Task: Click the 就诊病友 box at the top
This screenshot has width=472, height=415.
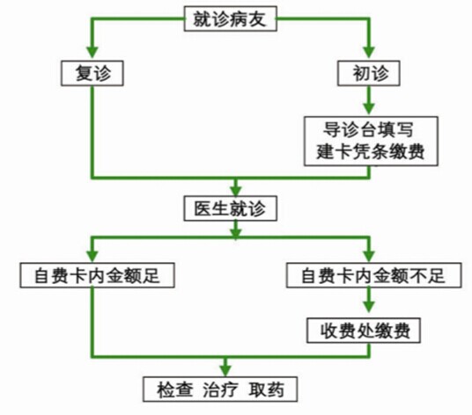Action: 231,18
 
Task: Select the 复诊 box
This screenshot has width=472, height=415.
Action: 92,73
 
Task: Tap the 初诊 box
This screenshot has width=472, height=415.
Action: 369,73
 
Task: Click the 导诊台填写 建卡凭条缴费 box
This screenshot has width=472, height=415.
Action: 371,141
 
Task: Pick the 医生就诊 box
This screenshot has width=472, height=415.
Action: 231,208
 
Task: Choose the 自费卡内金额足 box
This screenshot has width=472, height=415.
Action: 97,275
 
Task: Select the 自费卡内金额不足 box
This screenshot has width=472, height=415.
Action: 374,275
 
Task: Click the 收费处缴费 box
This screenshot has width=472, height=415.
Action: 364,331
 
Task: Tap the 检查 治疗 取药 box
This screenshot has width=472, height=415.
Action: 220,390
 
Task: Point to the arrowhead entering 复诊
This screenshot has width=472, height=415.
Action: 92,52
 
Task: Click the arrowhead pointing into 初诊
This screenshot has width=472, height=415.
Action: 369,52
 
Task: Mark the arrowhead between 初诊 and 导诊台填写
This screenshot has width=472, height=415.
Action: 369,108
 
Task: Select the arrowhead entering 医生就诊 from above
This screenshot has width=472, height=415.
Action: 236,190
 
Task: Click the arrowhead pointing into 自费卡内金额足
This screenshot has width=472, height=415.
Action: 92,256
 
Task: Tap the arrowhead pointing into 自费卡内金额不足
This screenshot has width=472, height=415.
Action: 369,256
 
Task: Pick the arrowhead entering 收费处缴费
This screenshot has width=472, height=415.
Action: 369,307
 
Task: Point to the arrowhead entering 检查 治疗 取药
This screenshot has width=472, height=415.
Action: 225,370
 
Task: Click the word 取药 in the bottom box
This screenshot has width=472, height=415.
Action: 267,390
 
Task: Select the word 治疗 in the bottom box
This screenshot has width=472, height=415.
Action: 220,390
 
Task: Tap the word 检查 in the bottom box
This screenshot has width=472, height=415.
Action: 174,390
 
